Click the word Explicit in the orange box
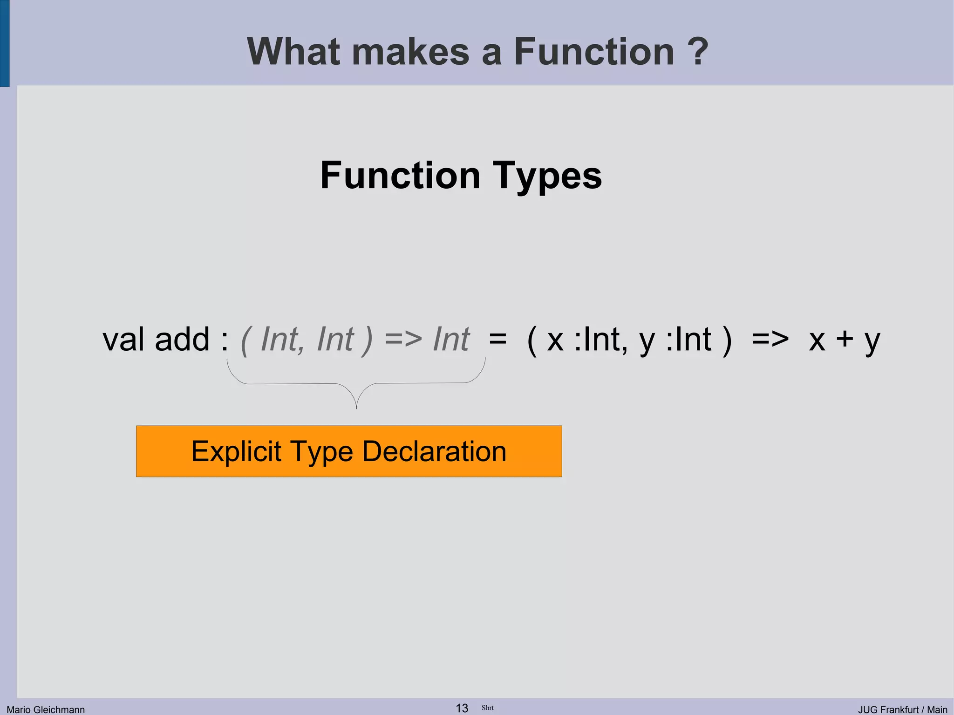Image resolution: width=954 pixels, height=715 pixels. coord(236,451)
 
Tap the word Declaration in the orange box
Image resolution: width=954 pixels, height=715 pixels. coord(434,451)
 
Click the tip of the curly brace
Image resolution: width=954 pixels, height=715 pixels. coord(356,408)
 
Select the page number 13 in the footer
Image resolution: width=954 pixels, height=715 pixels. coord(462,708)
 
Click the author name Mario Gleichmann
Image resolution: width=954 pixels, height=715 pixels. coord(46,709)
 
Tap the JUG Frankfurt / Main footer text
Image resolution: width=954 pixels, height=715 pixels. coord(902,709)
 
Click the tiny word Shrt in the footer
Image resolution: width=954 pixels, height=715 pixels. coord(488,708)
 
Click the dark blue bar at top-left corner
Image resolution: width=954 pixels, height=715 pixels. coord(4,43)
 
